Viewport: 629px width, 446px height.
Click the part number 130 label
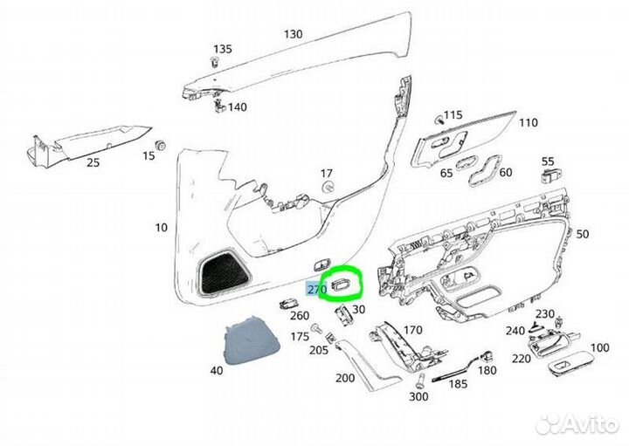click(293, 34)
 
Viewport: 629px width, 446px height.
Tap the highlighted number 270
click(317, 289)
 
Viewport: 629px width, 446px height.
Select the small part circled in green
click(342, 284)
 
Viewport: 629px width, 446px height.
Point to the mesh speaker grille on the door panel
click(224, 271)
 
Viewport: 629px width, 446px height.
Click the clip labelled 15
click(161, 146)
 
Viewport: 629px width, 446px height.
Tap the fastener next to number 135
click(215, 62)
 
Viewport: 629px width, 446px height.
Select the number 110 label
click(528, 122)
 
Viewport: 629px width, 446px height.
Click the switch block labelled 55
click(551, 175)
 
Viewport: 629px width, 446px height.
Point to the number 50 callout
click(583, 233)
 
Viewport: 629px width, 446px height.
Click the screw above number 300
click(421, 381)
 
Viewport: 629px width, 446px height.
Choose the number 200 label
click(344, 377)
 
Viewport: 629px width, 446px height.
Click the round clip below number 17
click(328, 187)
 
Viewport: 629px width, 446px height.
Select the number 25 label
click(93, 162)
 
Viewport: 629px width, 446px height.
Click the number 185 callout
click(458, 384)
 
